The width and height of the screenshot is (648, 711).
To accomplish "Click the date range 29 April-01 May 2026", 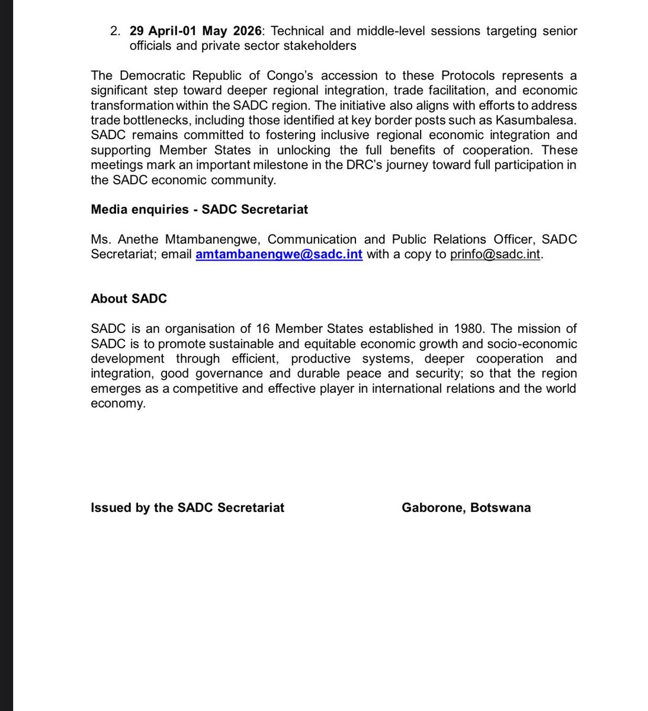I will pyautogui.click(x=195, y=30).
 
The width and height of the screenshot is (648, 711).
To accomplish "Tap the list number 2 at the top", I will pyautogui.click(x=115, y=30).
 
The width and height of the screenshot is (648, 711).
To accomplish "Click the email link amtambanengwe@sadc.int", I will pyautogui.click(x=279, y=255).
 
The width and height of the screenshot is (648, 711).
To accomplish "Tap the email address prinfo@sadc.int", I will pyautogui.click(x=496, y=255).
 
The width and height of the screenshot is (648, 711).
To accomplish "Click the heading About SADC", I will pyautogui.click(x=129, y=299).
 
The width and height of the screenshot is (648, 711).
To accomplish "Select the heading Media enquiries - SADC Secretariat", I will pyautogui.click(x=199, y=209).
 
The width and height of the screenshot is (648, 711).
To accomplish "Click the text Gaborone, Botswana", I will pyautogui.click(x=466, y=508).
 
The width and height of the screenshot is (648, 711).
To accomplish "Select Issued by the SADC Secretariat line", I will pyautogui.click(x=187, y=508).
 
